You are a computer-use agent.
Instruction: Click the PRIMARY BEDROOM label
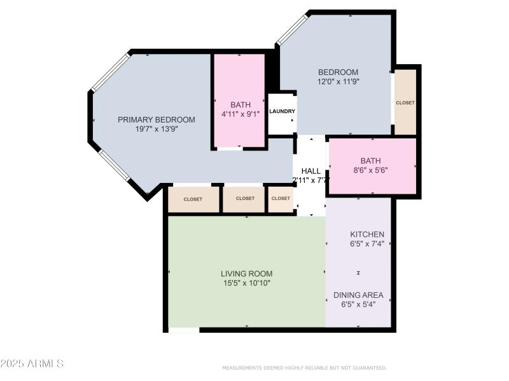coord(156,119)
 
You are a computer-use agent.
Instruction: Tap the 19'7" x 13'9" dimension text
coord(156,128)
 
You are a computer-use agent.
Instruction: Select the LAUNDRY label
coord(282,111)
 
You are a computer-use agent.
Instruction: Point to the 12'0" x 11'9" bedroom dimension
coord(338,81)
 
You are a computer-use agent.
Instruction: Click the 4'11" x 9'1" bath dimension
coord(240,114)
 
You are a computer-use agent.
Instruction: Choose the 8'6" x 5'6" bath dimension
coord(370,170)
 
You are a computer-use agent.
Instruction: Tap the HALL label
coord(310,171)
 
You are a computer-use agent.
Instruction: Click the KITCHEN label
coord(366,234)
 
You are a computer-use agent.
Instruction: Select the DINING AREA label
coord(359,295)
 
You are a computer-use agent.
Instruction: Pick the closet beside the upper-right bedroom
coord(405,103)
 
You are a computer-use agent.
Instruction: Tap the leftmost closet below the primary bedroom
coord(193,199)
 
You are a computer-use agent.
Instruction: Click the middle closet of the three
coord(245,199)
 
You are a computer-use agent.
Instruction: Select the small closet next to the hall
coord(281,199)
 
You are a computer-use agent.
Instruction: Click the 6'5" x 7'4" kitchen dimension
coord(366,244)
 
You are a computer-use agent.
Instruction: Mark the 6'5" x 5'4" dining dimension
coord(359,304)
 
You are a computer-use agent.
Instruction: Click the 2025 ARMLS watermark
coord(32,364)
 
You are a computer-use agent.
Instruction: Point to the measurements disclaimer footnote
coord(304,368)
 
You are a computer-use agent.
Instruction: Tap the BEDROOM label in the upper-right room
coord(338,72)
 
